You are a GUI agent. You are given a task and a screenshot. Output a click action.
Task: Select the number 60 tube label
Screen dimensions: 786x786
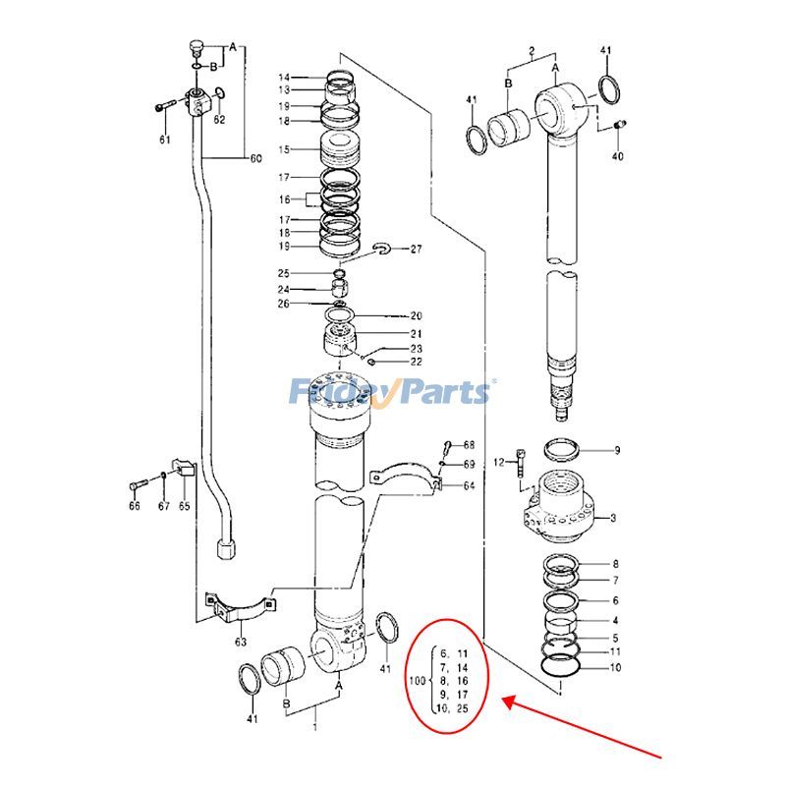(257, 158)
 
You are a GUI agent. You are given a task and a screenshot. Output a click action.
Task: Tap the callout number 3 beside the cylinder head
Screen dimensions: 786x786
(613, 518)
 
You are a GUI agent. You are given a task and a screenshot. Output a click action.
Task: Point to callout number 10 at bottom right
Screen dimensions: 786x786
(616, 668)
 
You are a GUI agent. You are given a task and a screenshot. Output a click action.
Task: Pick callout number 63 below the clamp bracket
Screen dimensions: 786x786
(240, 644)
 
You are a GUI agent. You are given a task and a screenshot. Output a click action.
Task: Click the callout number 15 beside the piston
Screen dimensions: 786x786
(284, 150)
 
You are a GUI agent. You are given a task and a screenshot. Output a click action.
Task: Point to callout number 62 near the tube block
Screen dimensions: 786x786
(220, 120)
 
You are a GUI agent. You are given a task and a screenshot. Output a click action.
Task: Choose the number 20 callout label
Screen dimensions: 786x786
(416, 316)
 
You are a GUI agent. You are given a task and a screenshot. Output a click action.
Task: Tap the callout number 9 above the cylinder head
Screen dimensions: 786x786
(617, 451)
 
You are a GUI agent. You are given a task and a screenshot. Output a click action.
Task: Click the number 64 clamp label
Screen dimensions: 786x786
(470, 485)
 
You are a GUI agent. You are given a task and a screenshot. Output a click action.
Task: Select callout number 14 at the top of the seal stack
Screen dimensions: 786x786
(284, 78)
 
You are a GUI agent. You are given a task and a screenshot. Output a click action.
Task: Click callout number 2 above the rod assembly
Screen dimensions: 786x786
(532, 50)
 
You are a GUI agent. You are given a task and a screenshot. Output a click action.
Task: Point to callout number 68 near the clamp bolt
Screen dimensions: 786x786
(470, 445)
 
